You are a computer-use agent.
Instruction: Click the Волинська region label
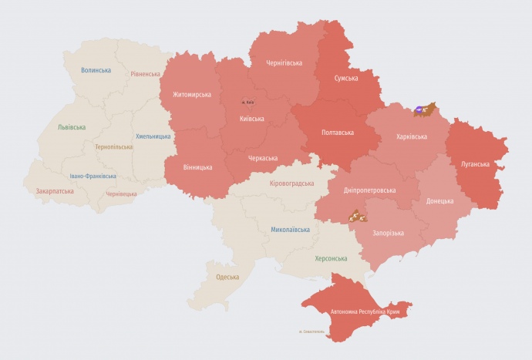click(x=96, y=70)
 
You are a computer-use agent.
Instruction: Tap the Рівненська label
click(x=145, y=74)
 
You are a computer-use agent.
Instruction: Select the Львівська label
click(x=72, y=126)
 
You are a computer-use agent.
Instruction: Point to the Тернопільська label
click(x=113, y=146)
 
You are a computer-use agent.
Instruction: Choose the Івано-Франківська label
click(x=93, y=176)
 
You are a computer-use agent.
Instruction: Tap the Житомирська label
click(x=192, y=95)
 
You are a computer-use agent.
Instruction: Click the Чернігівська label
click(x=284, y=62)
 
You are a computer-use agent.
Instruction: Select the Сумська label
click(x=345, y=79)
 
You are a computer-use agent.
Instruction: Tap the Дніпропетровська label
click(x=369, y=190)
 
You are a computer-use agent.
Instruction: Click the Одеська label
click(x=227, y=277)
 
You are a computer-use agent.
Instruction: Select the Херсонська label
click(x=331, y=258)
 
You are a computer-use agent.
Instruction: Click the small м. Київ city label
click(x=247, y=103)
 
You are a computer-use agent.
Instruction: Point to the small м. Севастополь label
click(x=313, y=332)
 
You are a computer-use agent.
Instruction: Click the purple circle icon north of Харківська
click(x=419, y=111)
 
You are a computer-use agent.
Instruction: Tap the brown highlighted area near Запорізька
click(x=358, y=216)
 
